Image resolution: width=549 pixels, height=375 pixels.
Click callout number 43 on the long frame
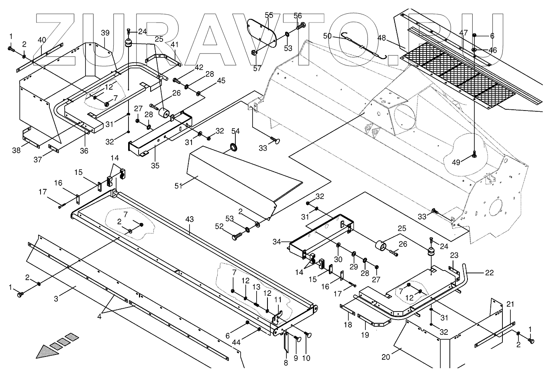[190, 219]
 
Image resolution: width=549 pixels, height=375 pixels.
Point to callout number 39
[105, 33]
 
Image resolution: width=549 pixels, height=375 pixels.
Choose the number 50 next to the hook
[327, 36]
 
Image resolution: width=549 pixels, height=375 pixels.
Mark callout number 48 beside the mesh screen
[382, 38]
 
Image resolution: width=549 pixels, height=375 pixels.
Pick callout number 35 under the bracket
[155, 165]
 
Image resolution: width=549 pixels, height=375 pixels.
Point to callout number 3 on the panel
[56, 299]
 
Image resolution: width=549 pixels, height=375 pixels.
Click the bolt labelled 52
[236, 236]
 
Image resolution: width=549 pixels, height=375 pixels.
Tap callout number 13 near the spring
[257, 287]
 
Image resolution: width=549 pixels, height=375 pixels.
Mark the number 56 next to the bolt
[298, 16]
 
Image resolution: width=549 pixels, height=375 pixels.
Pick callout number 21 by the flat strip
[510, 304]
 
